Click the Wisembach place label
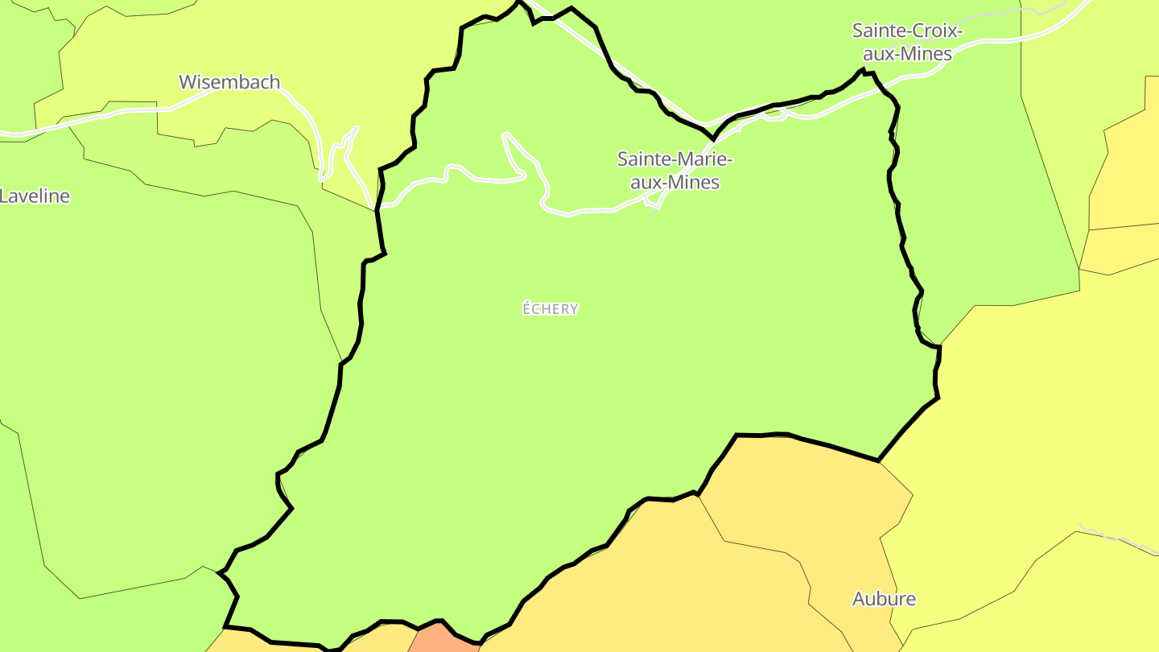[229, 82]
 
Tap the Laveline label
[35, 196]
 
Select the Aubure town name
[884, 599]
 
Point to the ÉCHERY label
[551, 309]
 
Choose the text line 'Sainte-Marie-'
[674, 159]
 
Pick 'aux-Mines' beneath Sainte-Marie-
[674, 183]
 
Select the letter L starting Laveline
[4, 196]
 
